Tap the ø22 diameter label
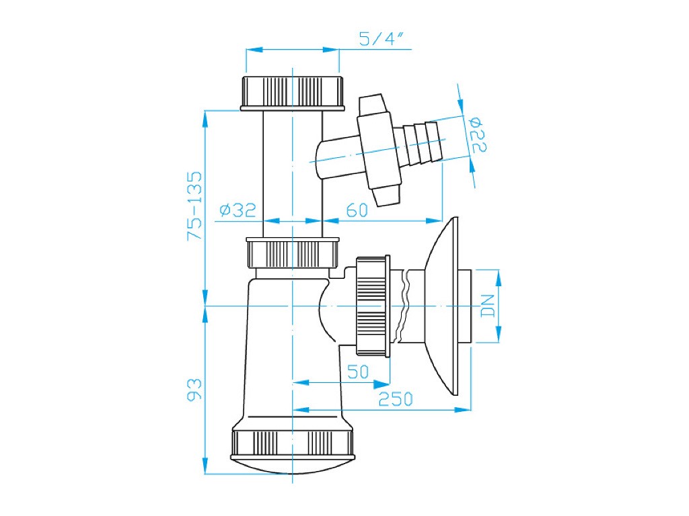pyautogui.click(x=478, y=134)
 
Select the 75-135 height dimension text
pyautogui.click(x=194, y=206)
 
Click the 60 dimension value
pyautogui.click(x=356, y=210)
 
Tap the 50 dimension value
pyautogui.click(x=357, y=372)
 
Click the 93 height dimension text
pyautogui.click(x=194, y=390)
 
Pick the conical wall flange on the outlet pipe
pyautogui.click(x=444, y=306)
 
